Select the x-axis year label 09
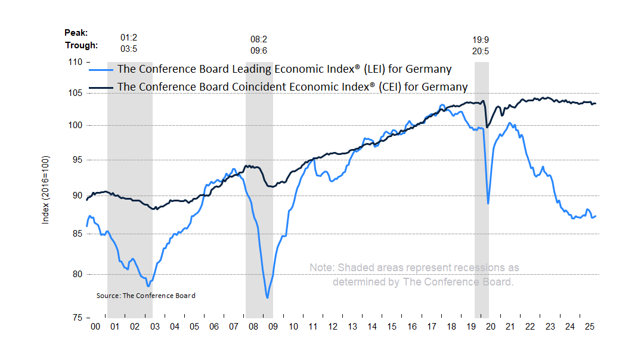(273, 327)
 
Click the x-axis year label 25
(589, 327)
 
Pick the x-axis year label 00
(95, 327)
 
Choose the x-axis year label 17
(431, 327)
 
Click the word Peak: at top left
(76, 33)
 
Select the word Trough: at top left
(81, 45)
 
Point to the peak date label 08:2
(259, 39)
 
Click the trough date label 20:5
(481, 51)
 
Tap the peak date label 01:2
(129, 37)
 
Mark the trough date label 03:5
(129, 49)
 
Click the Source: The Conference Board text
(145, 296)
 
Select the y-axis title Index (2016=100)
(45, 190)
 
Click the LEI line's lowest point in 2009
(268, 297)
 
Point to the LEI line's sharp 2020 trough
(488, 204)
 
